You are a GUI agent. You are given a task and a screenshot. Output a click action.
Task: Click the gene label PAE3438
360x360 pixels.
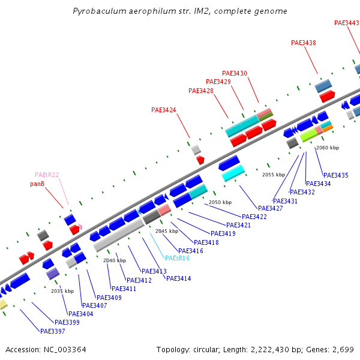pyautogui.click(x=304, y=43)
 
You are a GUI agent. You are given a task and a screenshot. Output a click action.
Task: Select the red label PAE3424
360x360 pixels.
pyautogui.click(x=164, y=110)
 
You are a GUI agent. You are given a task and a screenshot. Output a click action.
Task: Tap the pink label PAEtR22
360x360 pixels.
pyautogui.click(x=47, y=175)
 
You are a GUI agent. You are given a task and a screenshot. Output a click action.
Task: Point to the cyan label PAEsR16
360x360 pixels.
pyautogui.click(x=177, y=258)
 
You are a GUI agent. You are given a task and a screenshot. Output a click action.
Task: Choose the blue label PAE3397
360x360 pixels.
pyautogui.click(x=52, y=331)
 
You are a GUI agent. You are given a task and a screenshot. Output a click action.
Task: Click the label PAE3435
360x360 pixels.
pyautogui.click(x=335, y=175)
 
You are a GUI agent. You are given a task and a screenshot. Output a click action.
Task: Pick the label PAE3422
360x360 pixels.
pyautogui.click(x=254, y=217)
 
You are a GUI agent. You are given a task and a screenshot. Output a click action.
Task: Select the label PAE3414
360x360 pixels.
pyautogui.click(x=178, y=278)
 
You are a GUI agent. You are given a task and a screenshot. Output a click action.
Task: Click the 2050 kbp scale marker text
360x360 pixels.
pyautogui.click(x=220, y=203)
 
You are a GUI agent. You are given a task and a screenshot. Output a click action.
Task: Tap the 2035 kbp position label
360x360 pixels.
pyautogui.click(x=62, y=291)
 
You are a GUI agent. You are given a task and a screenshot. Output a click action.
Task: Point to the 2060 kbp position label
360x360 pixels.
pyautogui.click(x=328, y=148)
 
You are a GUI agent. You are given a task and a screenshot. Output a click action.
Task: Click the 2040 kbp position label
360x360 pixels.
pyautogui.click(x=115, y=260)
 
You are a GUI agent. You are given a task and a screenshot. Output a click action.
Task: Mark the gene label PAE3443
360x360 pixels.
pyautogui.click(x=347, y=23)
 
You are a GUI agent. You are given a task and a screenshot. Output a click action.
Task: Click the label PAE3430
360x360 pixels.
pyautogui.click(x=235, y=73)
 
